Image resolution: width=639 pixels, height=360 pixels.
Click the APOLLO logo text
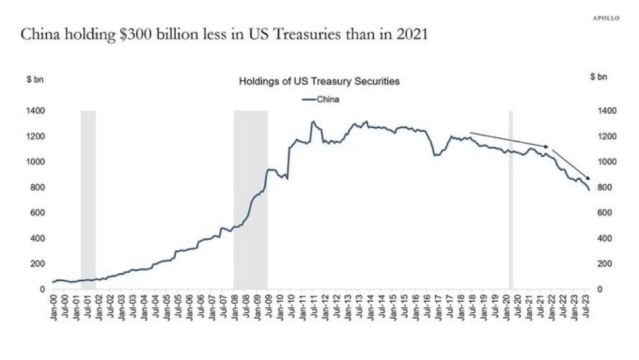[605, 18]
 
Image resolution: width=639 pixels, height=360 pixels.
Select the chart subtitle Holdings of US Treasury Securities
[319, 82]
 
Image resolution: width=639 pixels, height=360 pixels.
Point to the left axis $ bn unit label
[34, 79]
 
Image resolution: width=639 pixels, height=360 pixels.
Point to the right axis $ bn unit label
[599, 77]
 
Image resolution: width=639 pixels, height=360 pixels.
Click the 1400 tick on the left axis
[36, 111]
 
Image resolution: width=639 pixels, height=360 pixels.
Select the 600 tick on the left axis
[37, 213]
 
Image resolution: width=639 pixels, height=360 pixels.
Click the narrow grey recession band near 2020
[510, 200]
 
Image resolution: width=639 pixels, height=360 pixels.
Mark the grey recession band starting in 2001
[88, 200]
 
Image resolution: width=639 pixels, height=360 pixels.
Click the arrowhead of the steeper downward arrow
[587, 179]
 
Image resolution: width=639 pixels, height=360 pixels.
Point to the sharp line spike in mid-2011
[313, 122]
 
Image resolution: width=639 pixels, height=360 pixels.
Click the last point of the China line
[589, 190]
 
